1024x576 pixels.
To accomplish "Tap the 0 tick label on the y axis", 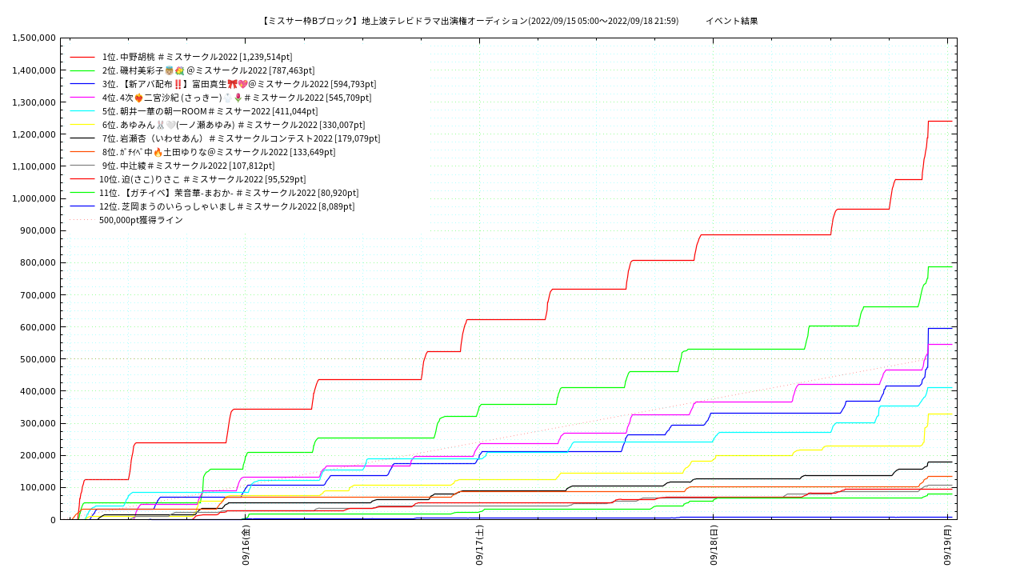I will pos(53,520).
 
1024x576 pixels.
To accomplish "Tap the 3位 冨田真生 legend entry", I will pos(238,84).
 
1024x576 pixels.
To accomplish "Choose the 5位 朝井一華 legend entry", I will pos(210,111).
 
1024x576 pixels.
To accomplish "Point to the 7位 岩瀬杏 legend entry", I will pos(241,138).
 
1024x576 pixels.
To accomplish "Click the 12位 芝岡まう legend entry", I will pos(226,206).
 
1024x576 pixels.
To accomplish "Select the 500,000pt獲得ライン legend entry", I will pos(141,220).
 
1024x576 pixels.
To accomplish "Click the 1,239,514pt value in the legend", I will pos(266,57).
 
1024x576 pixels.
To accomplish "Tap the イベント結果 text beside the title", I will pos(731,21).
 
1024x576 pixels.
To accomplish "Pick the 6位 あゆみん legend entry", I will pos(233,125).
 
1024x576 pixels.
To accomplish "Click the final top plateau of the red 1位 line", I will pos(940,121).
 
